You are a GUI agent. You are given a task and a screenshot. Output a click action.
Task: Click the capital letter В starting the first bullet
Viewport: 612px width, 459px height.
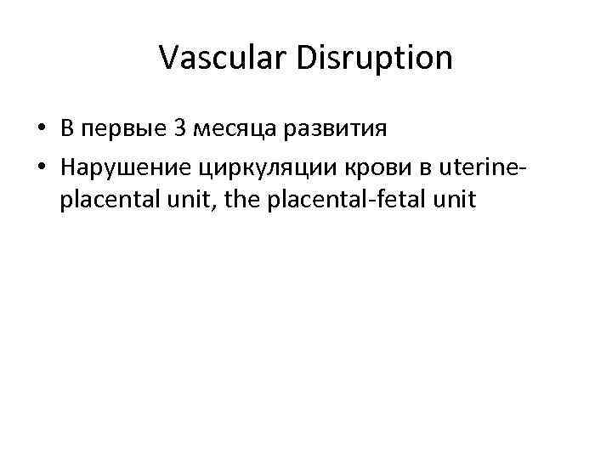click(x=66, y=129)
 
